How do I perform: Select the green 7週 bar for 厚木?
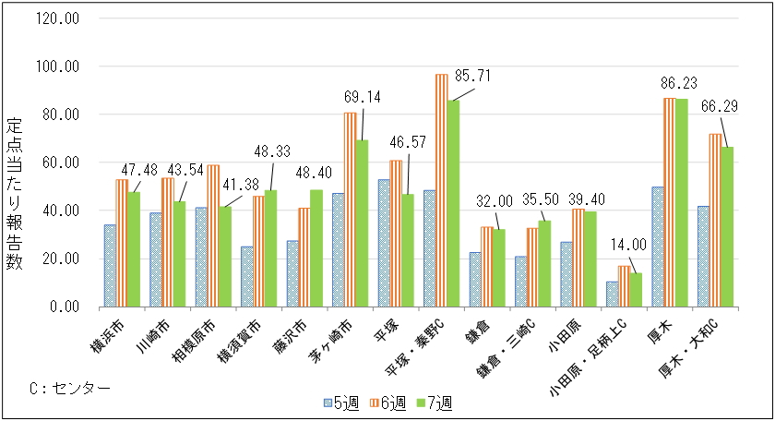point(682,203)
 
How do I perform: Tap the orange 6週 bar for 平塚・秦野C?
point(442,190)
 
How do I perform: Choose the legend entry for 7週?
point(431,403)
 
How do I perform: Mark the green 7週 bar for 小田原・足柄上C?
point(636,290)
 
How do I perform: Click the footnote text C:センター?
point(69,387)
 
